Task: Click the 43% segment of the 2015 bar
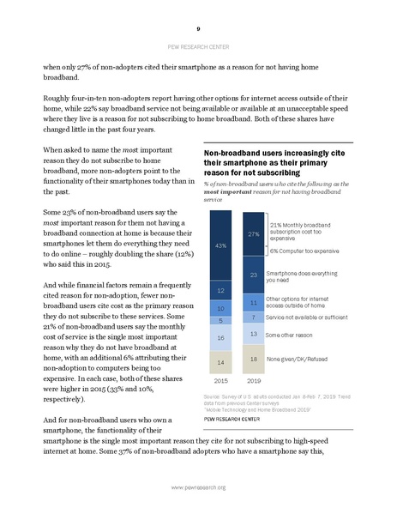point(221,246)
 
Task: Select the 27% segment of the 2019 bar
point(253,233)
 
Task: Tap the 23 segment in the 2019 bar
point(253,275)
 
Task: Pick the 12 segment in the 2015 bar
point(221,292)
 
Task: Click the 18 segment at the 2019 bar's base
point(253,360)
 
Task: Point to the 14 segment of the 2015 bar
point(221,364)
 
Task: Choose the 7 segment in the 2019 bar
point(253,317)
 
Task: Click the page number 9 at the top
point(198,28)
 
